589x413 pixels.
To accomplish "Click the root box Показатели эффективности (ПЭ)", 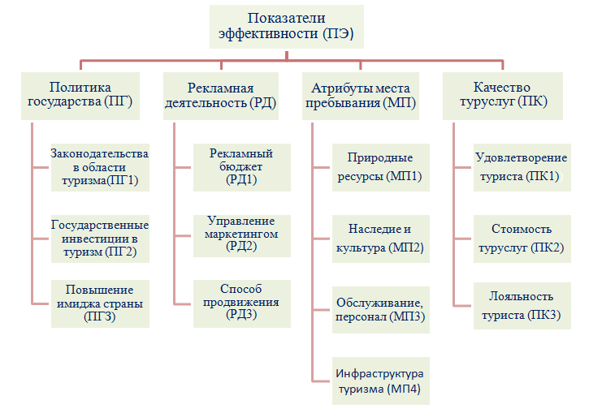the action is [287, 27].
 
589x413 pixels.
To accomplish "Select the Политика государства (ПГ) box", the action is [80, 96].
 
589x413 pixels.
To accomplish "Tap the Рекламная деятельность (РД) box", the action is [221, 96].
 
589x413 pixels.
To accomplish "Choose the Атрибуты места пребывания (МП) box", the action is [361, 96].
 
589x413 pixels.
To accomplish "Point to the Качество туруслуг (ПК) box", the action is [503, 96].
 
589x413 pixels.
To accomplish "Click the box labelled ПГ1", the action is [100, 168].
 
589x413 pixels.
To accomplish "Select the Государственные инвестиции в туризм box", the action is [100, 239].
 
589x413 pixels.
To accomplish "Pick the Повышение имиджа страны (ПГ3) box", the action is [100, 303].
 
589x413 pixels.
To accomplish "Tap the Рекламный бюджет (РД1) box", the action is [242, 168].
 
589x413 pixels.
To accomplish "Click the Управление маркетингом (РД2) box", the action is [242, 236].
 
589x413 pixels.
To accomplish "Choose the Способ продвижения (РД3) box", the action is [242, 303].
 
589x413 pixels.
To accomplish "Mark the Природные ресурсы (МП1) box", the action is [381, 168].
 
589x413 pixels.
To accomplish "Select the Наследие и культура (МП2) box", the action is [381, 239].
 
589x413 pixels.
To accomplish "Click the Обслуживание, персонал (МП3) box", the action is [381, 310].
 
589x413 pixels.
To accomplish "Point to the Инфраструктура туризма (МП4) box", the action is [381, 381].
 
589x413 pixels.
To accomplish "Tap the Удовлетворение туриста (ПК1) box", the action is [522, 168].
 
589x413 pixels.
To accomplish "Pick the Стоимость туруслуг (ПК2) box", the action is [522, 239].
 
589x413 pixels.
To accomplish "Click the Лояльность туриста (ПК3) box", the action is [522, 306].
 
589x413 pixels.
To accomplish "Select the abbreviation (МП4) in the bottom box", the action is [405, 389].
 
